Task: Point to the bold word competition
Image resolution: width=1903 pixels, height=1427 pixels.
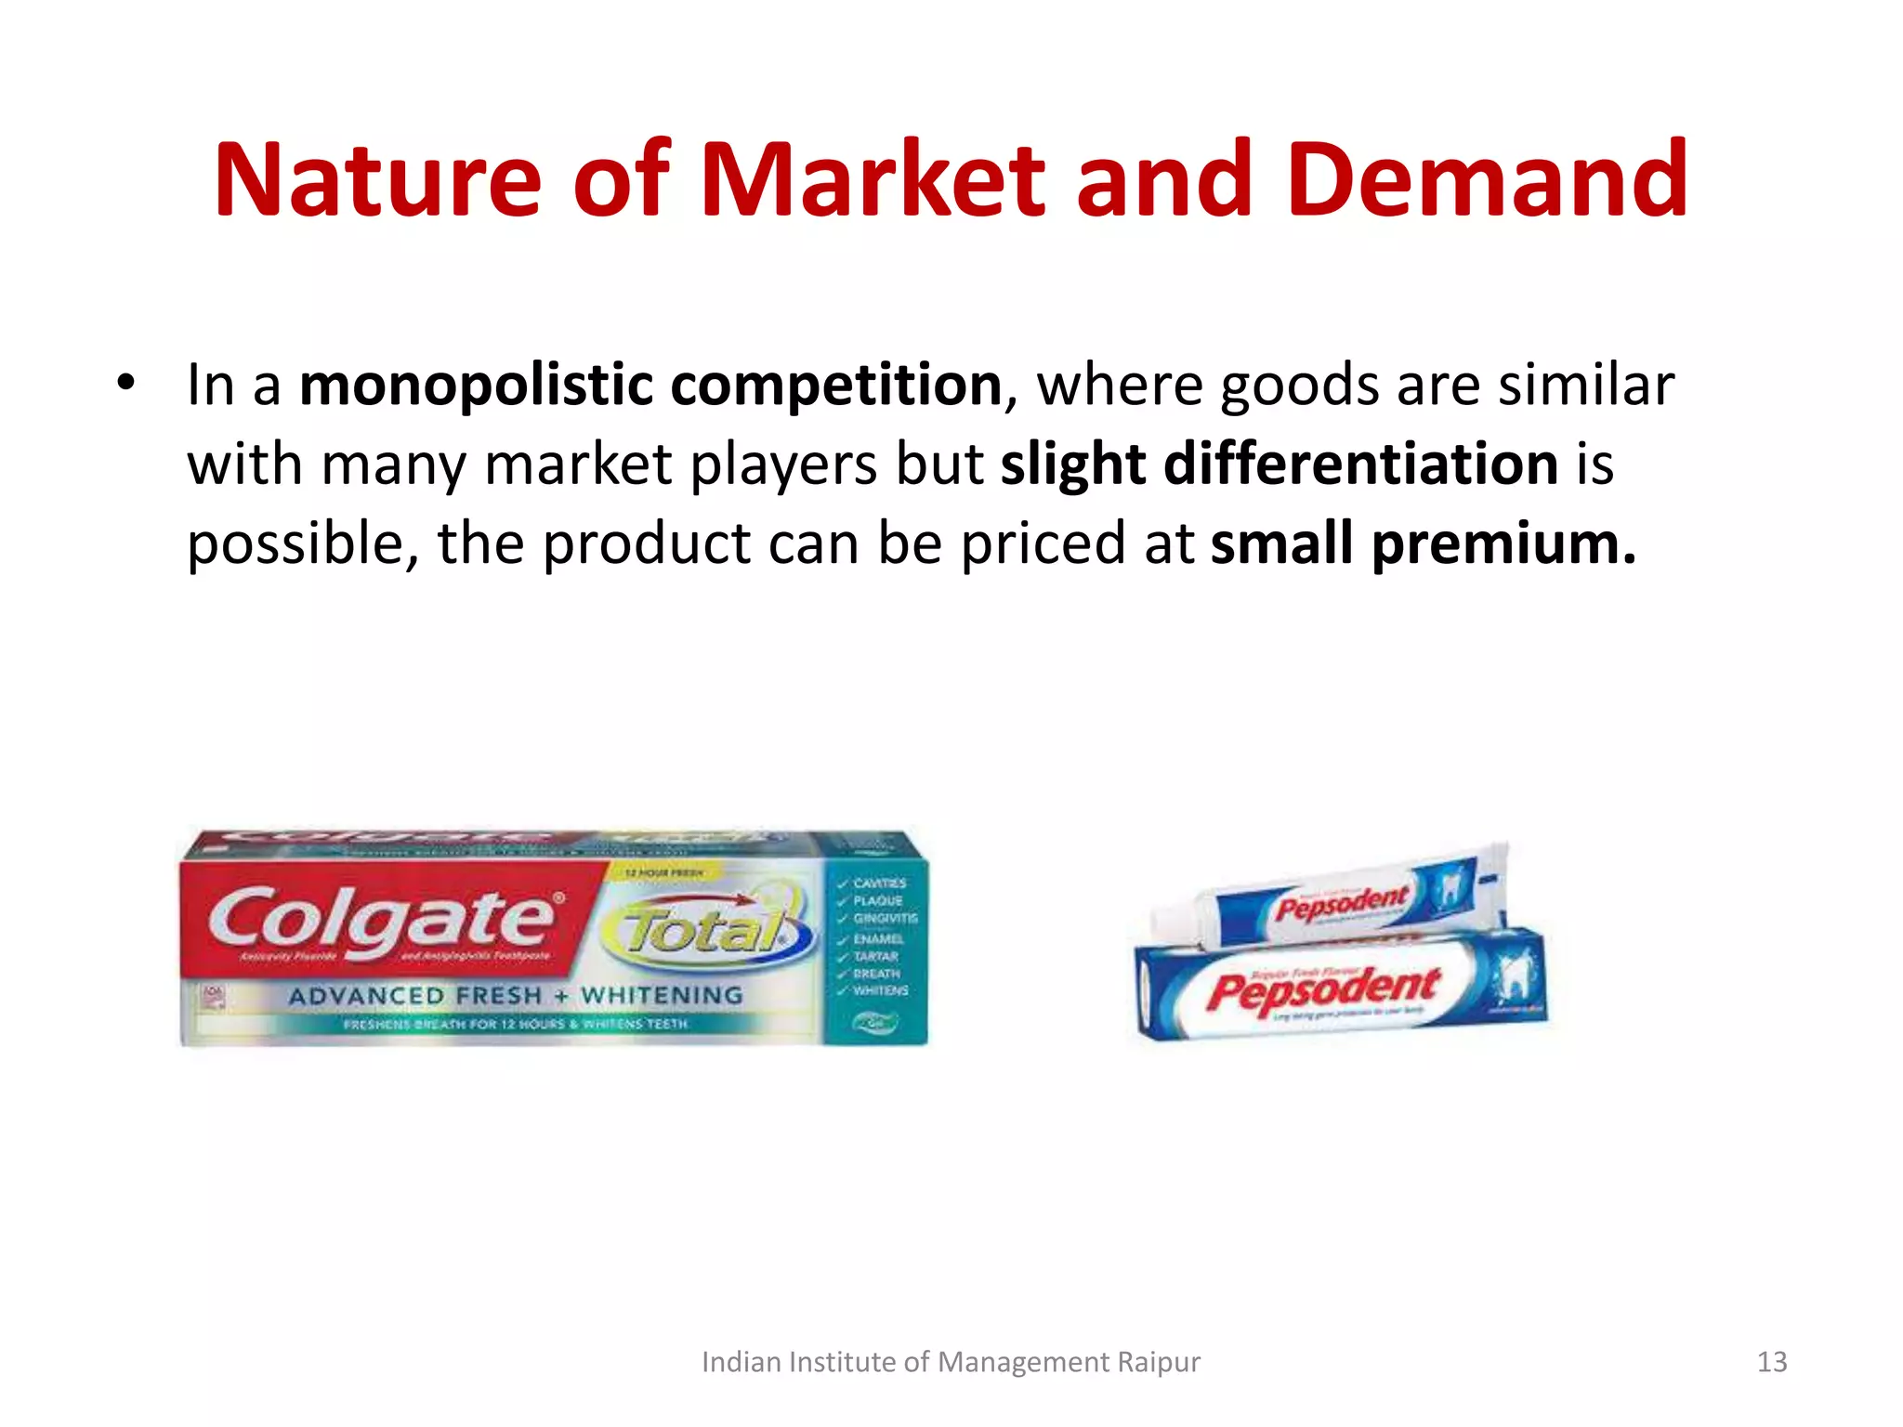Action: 835,386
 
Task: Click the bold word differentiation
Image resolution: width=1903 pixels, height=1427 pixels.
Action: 1360,464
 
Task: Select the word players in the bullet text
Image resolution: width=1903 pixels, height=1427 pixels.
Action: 782,464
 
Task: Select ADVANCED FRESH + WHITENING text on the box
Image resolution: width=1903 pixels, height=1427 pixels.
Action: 516,996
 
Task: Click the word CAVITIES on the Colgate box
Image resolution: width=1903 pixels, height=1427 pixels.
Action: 879,883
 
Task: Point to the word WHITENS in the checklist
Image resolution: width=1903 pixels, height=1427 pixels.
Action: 880,990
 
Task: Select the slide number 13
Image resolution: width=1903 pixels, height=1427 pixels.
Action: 1772,1362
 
